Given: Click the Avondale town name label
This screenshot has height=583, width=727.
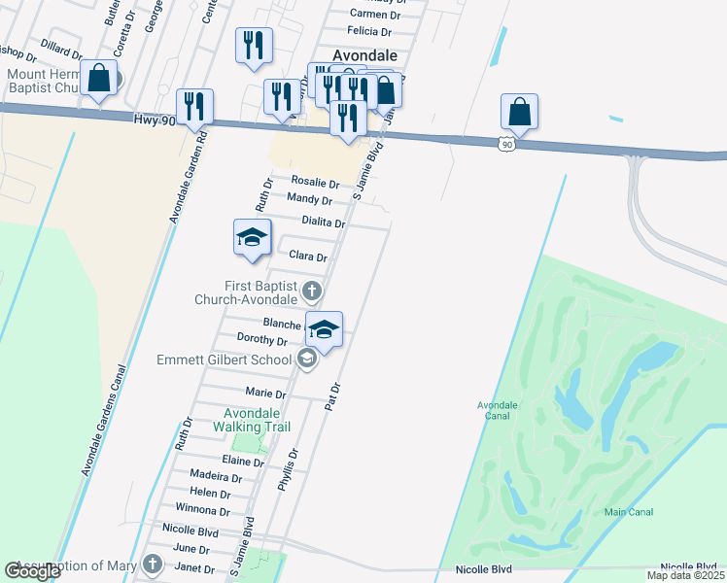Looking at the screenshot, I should click(364, 55).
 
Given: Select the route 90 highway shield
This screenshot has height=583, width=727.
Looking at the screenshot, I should click(505, 144).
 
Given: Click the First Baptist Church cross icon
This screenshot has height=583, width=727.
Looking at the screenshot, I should click(311, 291).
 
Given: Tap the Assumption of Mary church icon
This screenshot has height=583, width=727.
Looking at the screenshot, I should click(152, 565).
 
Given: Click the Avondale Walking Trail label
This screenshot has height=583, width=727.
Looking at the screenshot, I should click(252, 419).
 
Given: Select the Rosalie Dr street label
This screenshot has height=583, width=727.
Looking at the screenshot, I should click(315, 183).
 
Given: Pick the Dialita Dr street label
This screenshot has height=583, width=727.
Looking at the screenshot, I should click(324, 223).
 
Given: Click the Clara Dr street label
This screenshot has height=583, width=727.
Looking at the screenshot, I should click(307, 257).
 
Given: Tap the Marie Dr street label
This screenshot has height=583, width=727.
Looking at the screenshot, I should click(265, 394).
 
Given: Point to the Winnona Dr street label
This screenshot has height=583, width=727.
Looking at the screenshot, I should click(202, 509).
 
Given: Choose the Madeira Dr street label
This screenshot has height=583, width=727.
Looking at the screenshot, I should click(216, 477).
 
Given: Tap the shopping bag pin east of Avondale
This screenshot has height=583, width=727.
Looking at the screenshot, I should click(520, 112).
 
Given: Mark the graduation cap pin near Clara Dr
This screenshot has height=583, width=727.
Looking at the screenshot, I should click(252, 238).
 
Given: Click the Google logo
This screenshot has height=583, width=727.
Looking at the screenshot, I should click(33, 571).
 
